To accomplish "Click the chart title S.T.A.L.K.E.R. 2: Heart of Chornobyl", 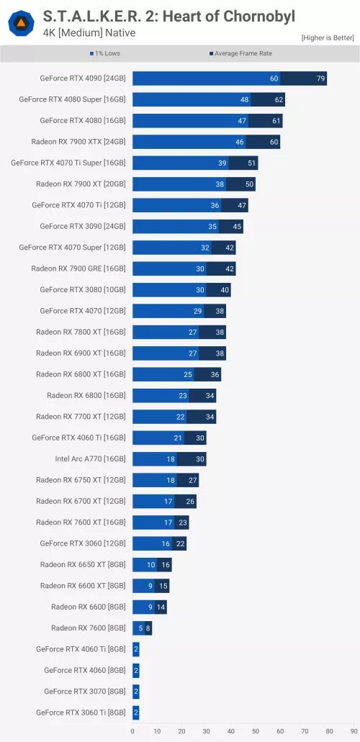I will point(169,16).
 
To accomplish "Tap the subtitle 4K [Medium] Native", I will point(89,33).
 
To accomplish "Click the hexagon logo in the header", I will point(21,24).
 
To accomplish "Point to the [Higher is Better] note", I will point(328,37).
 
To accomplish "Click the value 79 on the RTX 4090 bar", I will point(320,78).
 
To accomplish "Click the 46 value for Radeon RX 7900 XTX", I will point(239,142).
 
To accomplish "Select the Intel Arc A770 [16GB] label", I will point(90,458).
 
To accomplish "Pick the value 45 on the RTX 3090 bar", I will point(237,227).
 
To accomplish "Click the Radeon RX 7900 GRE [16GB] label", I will point(78,268).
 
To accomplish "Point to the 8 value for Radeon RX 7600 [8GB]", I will point(148,628).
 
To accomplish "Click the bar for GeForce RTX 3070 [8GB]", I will point(135,692).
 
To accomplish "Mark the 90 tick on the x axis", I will point(354,732).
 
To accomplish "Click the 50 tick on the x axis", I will point(255,732).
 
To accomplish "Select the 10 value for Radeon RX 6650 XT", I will point(151,565).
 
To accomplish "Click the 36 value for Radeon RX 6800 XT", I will point(215,374).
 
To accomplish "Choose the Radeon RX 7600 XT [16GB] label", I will point(81,522).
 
